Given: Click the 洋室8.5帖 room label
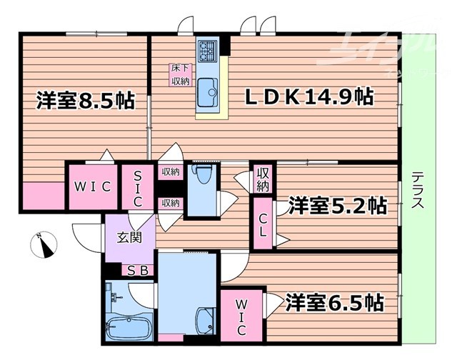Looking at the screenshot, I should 86,101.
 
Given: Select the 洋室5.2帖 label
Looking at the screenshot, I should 338,206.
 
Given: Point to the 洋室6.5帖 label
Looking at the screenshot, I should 333,302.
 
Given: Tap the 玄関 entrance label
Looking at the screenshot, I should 129,237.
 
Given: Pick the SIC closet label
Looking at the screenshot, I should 139,186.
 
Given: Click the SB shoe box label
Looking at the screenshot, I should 137,271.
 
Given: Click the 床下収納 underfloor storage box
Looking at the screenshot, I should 180,75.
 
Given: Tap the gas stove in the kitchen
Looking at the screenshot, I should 208,49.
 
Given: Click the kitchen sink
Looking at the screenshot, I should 208,90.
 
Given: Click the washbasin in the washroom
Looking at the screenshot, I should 204,319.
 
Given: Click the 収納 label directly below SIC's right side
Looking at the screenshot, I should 170,203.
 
